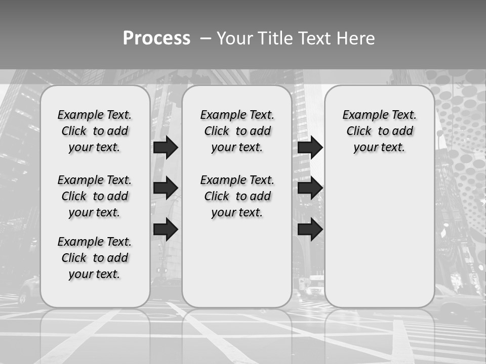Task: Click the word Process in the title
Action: [x=156, y=38]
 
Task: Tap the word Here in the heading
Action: [x=356, y=38]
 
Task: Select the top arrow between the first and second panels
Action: [x=166, y=147]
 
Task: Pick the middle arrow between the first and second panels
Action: [x=166, y=188]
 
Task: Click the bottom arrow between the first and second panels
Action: [x=166, y=230]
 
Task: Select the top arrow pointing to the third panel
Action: [x=310, y=147]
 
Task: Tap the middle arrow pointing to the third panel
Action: [x=310, y=188]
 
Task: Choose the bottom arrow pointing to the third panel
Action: [x=310, y=230]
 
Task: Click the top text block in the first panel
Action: [x=95, y=131]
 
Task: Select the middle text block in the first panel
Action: [x=95, y=196]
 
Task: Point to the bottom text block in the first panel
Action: [x=95, y=258]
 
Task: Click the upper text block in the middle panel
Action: [x=237, y=131]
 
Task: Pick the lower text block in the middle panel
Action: [x=237, y=196]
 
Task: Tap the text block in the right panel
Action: [x=380, y=131]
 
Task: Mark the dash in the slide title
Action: [x=206, y=38]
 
